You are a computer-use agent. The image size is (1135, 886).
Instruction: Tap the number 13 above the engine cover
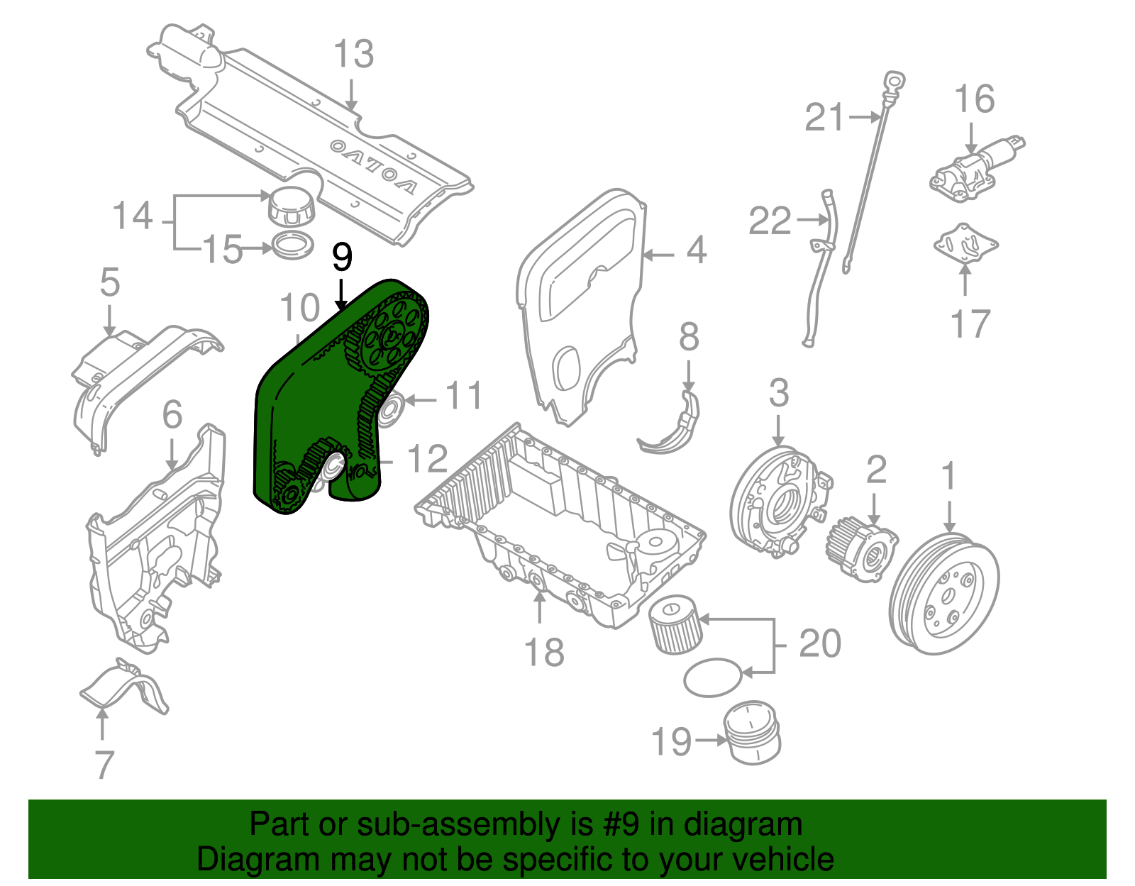click(x=353, y=55)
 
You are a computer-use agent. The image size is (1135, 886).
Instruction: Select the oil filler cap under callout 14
click(x=289, y=206)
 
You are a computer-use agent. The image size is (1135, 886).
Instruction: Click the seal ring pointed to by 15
click(x=293, y=245)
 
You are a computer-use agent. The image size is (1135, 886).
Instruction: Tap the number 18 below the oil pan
click(x=543, y=653)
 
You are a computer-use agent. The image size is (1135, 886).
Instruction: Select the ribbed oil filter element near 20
click(x=675, y=624)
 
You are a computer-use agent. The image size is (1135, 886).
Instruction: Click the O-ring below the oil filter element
click(x=713, y=678)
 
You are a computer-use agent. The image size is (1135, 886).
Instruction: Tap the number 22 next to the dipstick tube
click(x=770, y=221)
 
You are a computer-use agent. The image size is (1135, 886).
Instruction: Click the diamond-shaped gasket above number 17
click(x=965, y=245)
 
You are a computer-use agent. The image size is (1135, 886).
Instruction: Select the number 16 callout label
click(x=974, y=99)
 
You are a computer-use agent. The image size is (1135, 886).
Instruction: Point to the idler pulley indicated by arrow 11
click(x=389, y=409)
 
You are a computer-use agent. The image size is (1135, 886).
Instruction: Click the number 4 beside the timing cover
click(x=696, y=250)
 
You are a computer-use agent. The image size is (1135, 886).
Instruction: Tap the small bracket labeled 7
click(x=123, y=687)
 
